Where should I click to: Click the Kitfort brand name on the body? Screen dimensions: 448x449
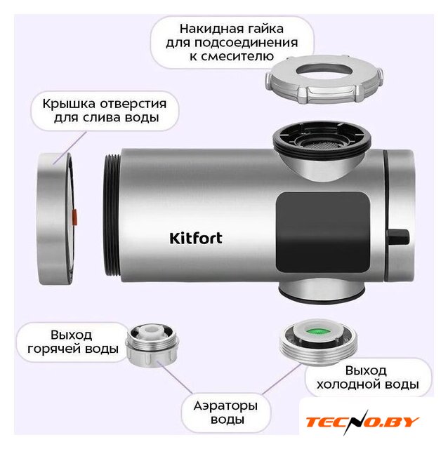coord(196,239)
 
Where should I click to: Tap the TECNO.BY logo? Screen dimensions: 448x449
coord(362,422)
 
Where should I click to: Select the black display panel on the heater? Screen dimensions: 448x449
coord(323,232)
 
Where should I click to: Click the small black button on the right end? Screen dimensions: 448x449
coord(399,237)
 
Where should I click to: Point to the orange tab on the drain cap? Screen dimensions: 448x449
coord(74,216)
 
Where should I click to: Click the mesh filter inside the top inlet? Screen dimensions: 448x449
coord(322,142)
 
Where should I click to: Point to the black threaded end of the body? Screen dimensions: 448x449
coord(112,215)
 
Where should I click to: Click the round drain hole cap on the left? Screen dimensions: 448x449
coord(56,218)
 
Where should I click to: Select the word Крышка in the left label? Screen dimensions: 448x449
coord(69,105)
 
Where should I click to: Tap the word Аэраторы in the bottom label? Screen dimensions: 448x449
coord(225,406)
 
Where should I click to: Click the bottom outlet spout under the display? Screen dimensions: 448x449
coord(322,291)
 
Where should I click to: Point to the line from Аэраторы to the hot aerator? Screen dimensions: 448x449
coord(175,377)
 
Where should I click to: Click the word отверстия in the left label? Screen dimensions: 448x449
coord(133,105)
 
